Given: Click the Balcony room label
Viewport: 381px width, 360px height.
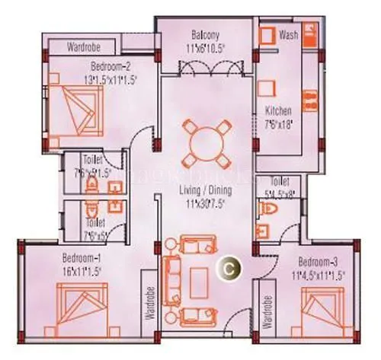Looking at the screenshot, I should [x=206, y=35].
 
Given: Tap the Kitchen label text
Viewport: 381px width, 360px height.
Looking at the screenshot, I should [x=274, y=109].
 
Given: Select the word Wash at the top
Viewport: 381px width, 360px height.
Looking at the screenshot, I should [x=288, y=35].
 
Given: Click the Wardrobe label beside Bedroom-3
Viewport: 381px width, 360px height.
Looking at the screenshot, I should [x=267, y=313].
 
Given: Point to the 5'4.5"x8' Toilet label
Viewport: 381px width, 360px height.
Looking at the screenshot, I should [x=280, y=187].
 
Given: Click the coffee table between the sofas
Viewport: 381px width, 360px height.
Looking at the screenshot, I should [x=200, y=278].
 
